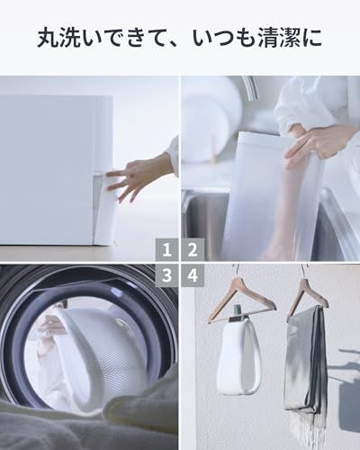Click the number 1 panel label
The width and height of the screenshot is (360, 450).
(167, 249)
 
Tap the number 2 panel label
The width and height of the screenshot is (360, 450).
(193, 249)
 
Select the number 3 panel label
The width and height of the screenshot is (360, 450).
(167, 275)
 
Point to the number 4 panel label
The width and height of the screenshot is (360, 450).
(193, 275)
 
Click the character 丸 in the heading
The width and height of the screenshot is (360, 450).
(48, 37)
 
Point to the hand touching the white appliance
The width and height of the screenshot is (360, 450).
(140, 177)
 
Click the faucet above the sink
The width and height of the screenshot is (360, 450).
(250, 88)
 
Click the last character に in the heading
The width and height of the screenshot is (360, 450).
(312, 37)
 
